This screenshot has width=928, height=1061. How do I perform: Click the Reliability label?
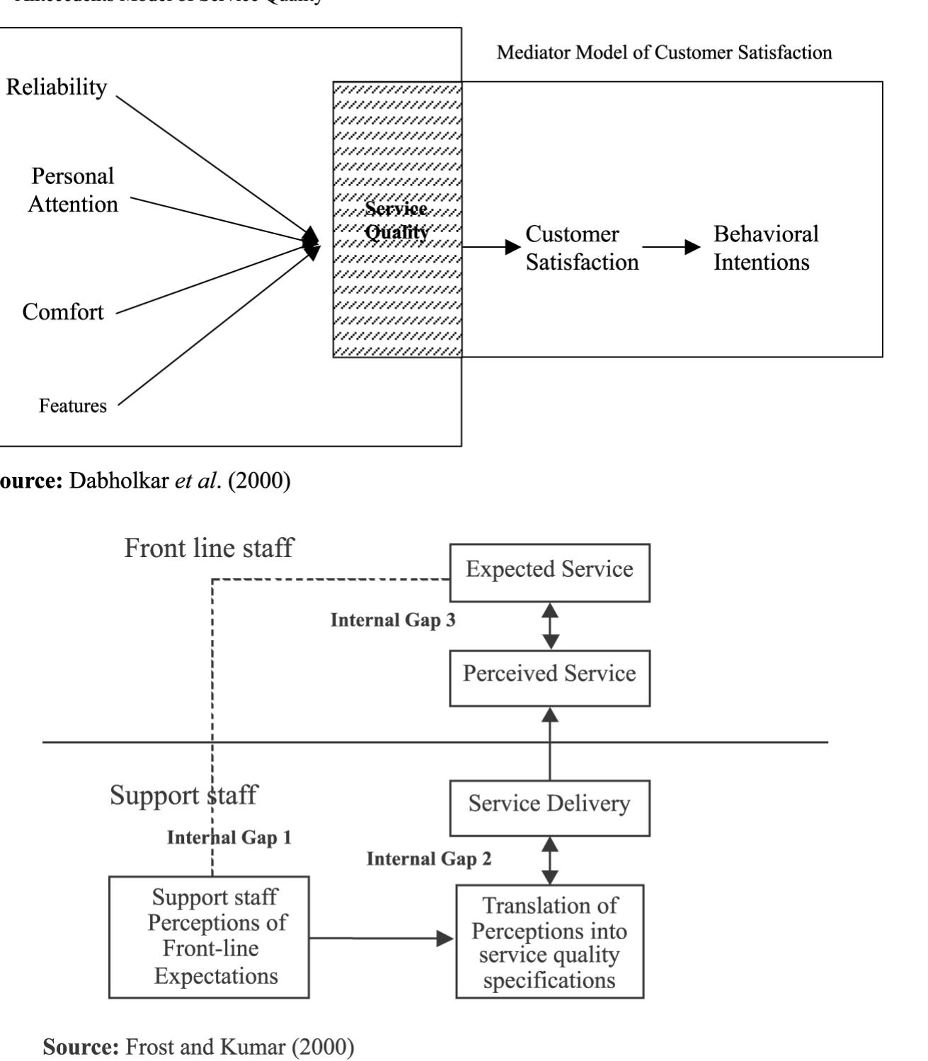pyautogui.click(x=57, y=87)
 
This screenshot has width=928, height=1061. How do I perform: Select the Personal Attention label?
pyautogui.click(x=73, y=190)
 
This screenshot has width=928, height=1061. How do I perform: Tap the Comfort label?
pyautogui.click(x=63, y=311)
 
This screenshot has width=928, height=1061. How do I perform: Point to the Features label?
pyautogui.click(x=73, y=406)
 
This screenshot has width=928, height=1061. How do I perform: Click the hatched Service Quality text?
pyautogui.click(x=397, y=220)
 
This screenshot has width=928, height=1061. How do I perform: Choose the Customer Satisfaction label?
pyautogui.click(x=581, y=248)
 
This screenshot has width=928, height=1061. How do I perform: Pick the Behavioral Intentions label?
pyautogui.click(x=765, y=248)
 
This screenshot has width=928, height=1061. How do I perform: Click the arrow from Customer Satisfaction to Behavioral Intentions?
pyautogui.click(x=670, y=247)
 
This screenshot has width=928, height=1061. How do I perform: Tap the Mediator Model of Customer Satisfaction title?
pyautogui.click(x=664, y=52)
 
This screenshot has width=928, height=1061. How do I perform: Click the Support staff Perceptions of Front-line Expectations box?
pyautogui.click(x=209, y=936)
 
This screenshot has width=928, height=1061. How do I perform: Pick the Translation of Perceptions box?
pyautogui.click(x=549, y=941)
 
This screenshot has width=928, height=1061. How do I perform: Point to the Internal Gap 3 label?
pyautogui.click(x=393, y=620)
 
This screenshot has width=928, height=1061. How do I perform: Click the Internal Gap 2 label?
pyautogui.click(x=428, y=859)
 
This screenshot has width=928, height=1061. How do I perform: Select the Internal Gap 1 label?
pyautogui.click(x=229, y=837)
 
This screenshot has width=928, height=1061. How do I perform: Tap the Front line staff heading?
pyautogui.click(x=208, y=548)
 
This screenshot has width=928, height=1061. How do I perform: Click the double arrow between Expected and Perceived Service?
pyautogui.click(x=550, y=626)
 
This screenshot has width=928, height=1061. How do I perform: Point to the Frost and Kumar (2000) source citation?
pyautogui.click(x=198, y=1046)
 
